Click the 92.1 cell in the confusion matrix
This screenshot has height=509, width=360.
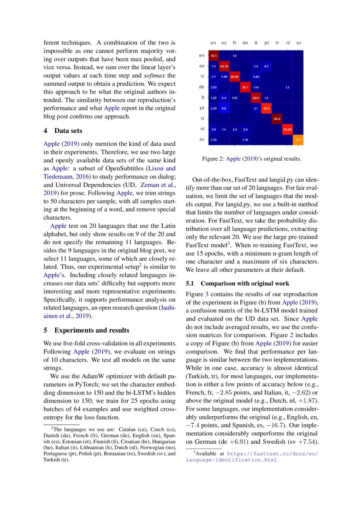point(214,56)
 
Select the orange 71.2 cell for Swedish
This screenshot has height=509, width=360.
point(298,139)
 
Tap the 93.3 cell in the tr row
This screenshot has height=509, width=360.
point(277,118)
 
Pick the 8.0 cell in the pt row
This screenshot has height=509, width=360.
point(224,108)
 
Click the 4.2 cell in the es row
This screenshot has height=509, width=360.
point(266,66)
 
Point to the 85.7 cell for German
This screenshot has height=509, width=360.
point(245,87)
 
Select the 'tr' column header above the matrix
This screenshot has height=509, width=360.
point(277,43)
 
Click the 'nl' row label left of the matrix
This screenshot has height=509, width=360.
point(202,129)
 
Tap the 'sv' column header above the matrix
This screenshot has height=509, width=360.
point(299,43)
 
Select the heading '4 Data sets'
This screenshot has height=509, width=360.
point(63,131)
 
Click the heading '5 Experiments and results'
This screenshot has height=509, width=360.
point(86,330)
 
